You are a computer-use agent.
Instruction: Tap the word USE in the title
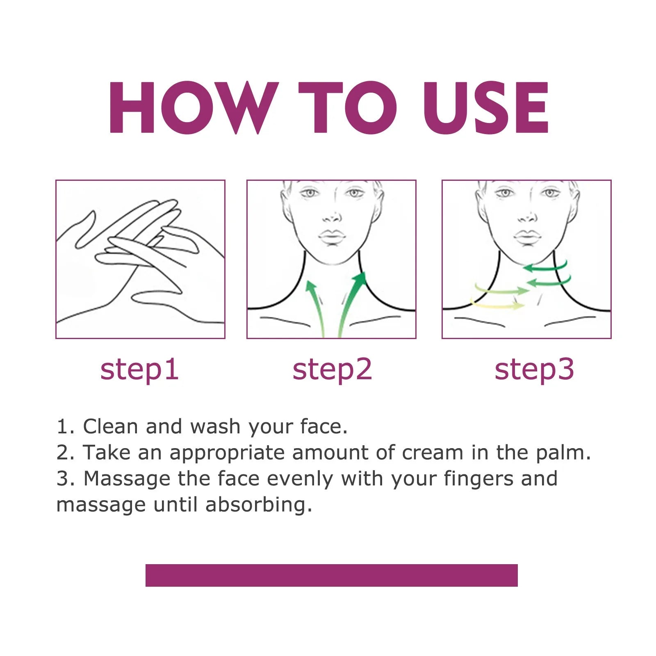click(485, 107)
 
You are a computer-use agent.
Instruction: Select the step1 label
click(139, 370)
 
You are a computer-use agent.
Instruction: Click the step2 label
click(332, 370)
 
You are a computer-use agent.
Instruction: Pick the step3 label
click(534, 370)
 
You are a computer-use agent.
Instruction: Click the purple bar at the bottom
click(331, 575)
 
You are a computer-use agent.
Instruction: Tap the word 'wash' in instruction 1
click(215, 426)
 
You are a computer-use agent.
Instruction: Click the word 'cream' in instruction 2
click(433, 453)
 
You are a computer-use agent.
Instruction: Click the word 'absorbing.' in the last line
click(258, 505)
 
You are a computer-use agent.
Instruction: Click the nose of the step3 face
click(526, 217)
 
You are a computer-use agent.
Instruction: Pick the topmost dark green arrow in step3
click(545, 267)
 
